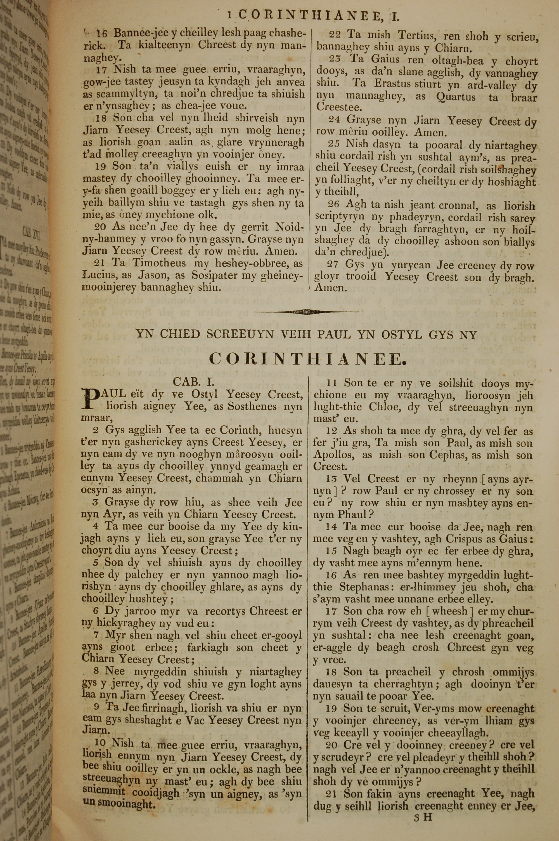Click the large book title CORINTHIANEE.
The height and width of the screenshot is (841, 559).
coord(307,359)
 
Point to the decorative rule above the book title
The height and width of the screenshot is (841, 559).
coord(307,312)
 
